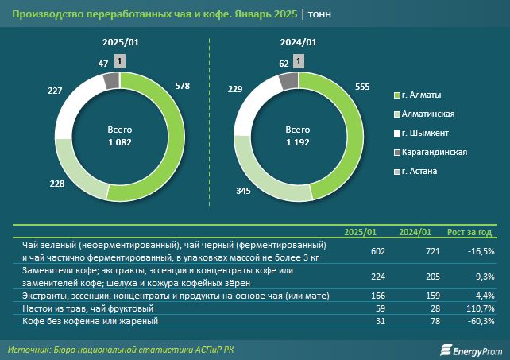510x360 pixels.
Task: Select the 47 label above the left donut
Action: click(x=104, y=61)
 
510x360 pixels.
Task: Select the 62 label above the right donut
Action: click(x=284, y=61)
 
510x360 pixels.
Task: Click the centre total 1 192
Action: click(x=298, y=143)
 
